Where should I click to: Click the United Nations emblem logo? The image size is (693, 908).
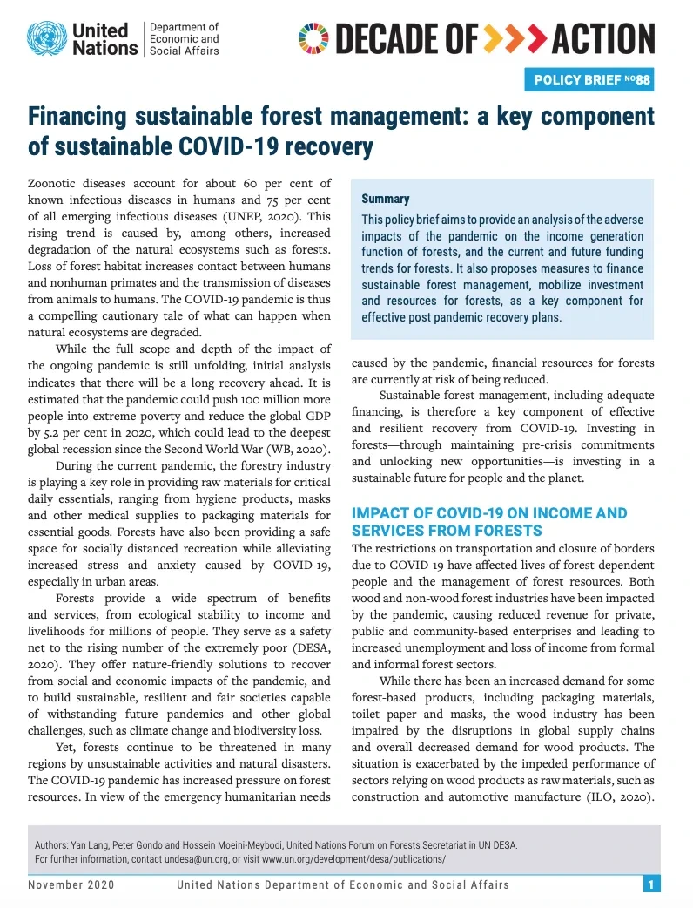(46, 38)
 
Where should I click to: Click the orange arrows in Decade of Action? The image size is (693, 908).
(515, 38)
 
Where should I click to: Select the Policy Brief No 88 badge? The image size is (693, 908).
(589, 80)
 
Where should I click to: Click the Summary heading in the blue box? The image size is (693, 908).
(385, 200)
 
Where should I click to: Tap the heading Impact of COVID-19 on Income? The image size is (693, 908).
(488, 512)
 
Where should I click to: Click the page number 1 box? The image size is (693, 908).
(650, 884)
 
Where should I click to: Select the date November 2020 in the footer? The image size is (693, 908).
(71, 885)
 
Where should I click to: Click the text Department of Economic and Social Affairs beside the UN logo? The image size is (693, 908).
(185, 39)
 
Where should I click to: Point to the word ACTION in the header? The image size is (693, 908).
(603, 38)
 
